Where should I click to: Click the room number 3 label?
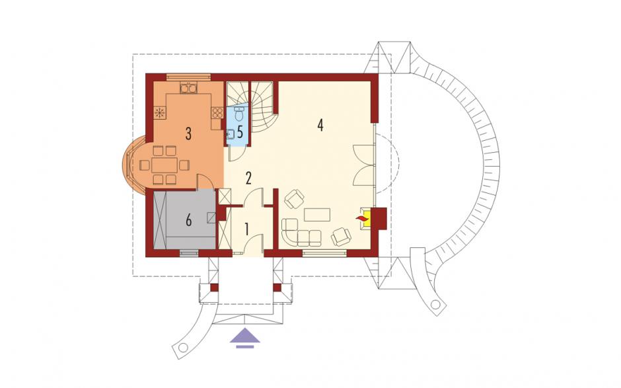point(188,134)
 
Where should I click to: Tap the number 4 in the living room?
point(320,125)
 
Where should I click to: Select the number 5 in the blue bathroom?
point(240,132)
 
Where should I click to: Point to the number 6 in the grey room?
point(188,220)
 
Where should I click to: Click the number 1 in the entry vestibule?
point(246,229)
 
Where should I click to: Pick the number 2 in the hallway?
point(248,178)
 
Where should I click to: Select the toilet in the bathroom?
point(239,114)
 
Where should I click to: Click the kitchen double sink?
point(188,88)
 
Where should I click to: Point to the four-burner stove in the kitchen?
point(217,113)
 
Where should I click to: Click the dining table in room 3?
point(164,165)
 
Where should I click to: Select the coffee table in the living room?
point(317,215)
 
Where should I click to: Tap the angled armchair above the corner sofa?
point(294,199)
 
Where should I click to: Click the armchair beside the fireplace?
point(341,237)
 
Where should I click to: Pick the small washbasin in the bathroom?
point(231,134)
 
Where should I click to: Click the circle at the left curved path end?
point(182,347)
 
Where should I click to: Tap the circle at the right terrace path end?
point(435,305)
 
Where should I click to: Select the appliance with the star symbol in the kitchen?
point(160,113)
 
